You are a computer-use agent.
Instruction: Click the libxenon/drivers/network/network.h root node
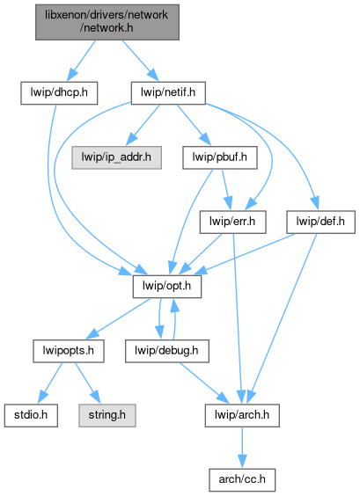[107, 22]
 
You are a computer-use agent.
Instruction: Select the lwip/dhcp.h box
[59, 93]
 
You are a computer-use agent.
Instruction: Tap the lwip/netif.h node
[168, 93]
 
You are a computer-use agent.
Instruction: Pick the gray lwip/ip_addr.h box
[116, 157]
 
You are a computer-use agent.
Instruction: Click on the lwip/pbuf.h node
[220, 157]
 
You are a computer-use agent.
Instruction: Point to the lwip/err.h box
[232, 222]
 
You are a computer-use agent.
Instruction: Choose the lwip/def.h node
[320, 222]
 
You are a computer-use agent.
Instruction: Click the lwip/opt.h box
[167, 287]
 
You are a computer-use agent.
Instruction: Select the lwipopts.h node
[69, 351]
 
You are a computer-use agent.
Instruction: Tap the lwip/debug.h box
[167, 351]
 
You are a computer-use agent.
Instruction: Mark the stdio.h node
[31, 415]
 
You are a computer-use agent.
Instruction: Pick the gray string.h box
[107, 415]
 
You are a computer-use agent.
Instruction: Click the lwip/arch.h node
[242, 415]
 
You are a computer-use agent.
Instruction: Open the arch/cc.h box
[242, 480]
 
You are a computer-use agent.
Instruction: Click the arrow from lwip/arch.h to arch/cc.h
[242, 448]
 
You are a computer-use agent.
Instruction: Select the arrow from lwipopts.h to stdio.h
[51, 383]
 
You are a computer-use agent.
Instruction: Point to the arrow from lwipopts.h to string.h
[87, 383]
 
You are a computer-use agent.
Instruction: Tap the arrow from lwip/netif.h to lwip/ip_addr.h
[143, 125]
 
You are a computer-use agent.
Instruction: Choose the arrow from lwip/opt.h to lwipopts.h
[119, 318]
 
